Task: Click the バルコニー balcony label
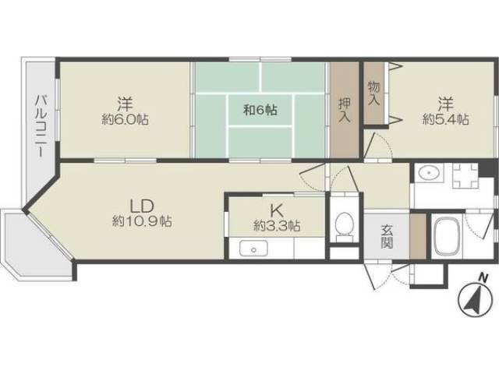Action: (40, 126)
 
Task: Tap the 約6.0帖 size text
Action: (125, 120)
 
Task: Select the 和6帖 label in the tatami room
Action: (260, 110)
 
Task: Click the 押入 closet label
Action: (345, 110)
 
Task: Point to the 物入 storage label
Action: (373, 93)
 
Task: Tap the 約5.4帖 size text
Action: (445, 119)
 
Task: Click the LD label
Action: (142, 206)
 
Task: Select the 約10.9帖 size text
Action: (142, 221)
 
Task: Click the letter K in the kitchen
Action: (275, 211)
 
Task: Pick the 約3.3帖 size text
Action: (277, 226)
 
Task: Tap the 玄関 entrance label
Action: (387, 237)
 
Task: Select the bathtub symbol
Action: (447, 235)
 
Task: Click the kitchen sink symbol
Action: (253, 249)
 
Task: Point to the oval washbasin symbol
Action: (429, 173)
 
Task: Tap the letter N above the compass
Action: (483, 277)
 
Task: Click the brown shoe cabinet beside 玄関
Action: (418, 236)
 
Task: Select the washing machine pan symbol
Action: (465, 176)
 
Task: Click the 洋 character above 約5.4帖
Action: (445, 104)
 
